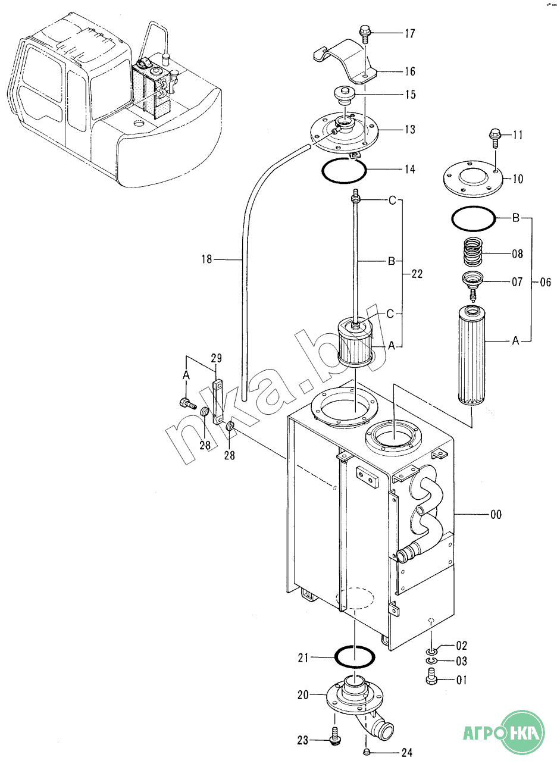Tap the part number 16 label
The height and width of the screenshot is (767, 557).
(410, 71)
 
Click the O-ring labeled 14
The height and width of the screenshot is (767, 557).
(344, 171)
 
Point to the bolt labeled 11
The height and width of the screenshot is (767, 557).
(495, 137)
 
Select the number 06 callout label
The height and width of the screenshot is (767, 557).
(545, 282)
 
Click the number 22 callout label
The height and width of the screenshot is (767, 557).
(417, 274)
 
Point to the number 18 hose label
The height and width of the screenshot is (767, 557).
(206, 259)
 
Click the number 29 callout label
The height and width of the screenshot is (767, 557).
(216, 358)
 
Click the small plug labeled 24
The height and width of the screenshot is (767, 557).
(367, 752)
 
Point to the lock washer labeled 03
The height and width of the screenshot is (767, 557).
(431, 660)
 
